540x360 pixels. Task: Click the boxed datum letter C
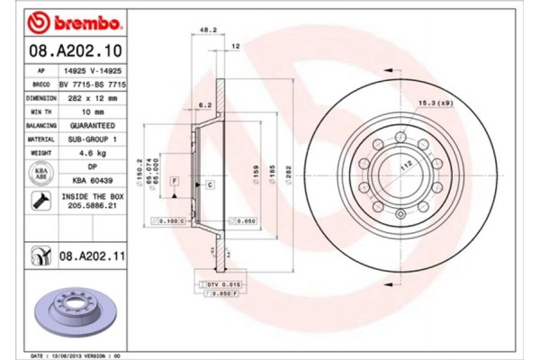point(210,184)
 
